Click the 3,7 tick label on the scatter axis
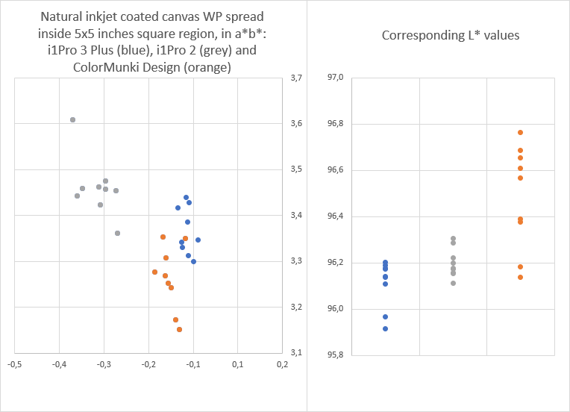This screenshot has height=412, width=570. point(297,78)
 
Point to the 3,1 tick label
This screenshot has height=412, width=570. point(297,353)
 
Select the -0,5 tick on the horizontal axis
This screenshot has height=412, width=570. point(14,364)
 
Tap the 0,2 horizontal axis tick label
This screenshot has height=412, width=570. point(282,364)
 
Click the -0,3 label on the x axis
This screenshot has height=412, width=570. point(104,364)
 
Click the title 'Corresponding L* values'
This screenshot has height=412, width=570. point(439,35)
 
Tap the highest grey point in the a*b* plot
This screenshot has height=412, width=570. point(72,119)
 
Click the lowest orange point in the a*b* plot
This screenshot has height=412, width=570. point(179,329)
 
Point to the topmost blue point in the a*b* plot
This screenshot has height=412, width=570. point(186,197)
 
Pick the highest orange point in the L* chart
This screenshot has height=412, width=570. point(520,132)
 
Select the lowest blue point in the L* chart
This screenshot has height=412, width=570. point(385,328)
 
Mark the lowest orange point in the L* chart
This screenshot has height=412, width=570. point(520,277)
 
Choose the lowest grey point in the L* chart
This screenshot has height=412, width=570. point(453,283)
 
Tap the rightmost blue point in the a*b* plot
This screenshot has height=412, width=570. point(198,240)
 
